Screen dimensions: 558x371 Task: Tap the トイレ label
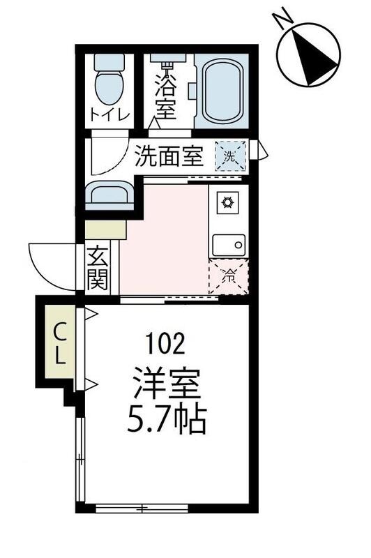point(107,116)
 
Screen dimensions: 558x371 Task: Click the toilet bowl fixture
point(108,83)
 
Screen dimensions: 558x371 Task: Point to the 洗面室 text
point(169,156)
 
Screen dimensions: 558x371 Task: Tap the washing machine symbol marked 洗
point(229,156)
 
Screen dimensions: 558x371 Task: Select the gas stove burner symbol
point(227,203)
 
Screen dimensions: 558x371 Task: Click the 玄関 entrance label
point(98,269)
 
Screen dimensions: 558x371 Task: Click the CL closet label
point(61,343)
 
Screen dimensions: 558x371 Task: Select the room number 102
point(165,344)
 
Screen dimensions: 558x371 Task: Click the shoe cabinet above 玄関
point(105,229)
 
